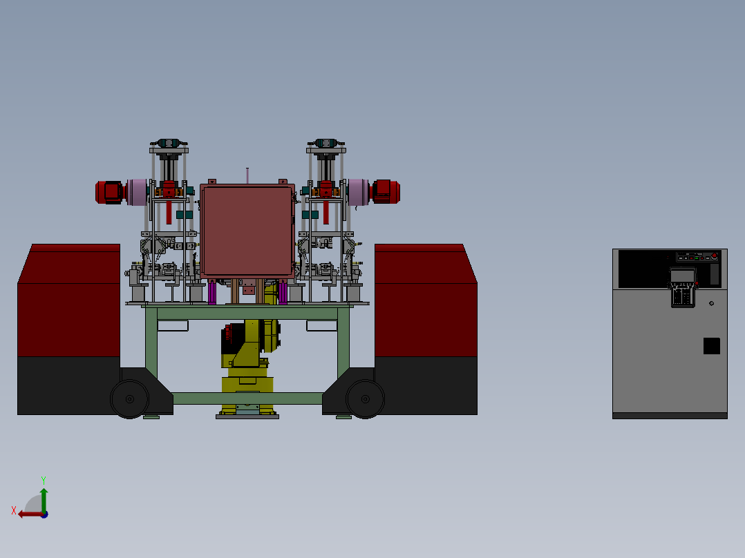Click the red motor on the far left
110,193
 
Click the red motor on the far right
386,192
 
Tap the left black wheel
130,399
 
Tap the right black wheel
365,399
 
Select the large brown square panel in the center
247,231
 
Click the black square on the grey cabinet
711,346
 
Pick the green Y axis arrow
44,500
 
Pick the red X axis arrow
31,514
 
